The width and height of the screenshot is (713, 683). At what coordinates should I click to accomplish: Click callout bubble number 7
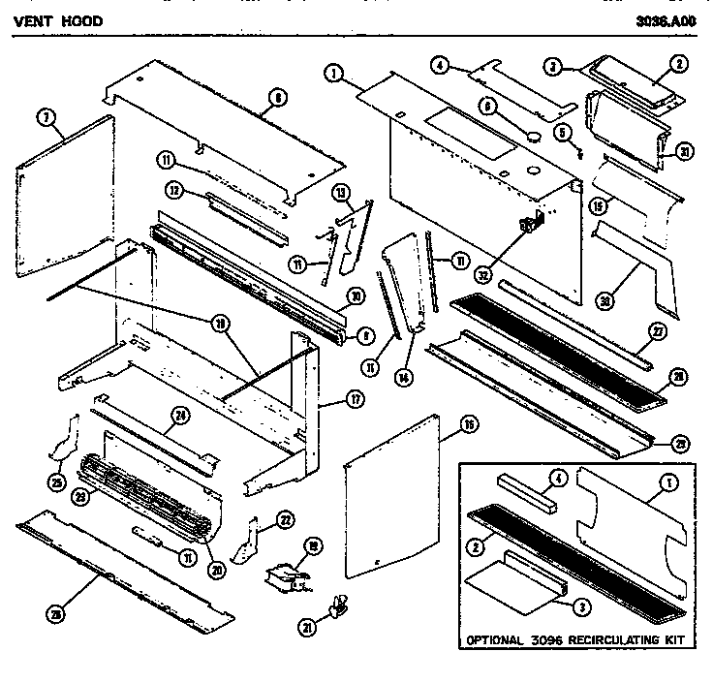tap(45, 119)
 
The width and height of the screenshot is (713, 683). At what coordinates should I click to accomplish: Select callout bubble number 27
tap(658, 330)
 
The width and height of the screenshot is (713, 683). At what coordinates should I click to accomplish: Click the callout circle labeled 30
tap(605, 300)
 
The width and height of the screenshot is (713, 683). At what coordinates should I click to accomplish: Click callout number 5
tap(561, 131)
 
